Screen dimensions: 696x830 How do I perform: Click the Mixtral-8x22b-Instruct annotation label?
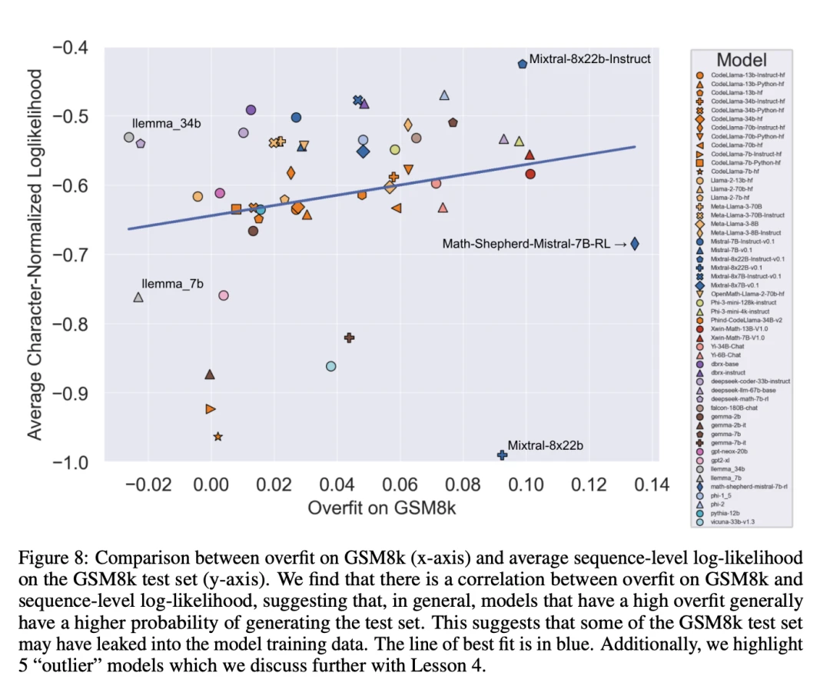pyautogui.click(x=589, y=58)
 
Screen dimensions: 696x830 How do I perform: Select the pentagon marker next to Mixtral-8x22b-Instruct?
pyautogui.click(x=522, y=64)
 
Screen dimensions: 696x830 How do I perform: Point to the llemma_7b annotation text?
pyautogui.click(x=173, y=284)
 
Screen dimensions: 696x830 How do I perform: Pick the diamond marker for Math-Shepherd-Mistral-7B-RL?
pyautogui.click(x=635, y=244)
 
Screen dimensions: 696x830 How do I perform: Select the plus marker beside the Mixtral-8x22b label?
pyautogui.click(x=502, y=455)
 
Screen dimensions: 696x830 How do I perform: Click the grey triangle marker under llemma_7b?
pyautogui.click(x=138, y=297)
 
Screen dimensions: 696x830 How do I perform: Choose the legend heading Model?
pyautogui.click(x=741, y=59)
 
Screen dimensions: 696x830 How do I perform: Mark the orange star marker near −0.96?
pyautogui.click(x=217, y=436)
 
